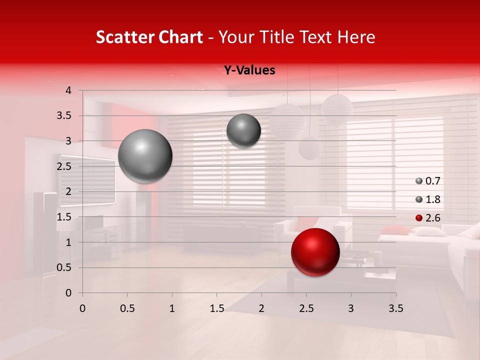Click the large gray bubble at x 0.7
145,156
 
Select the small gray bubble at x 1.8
243,130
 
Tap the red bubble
315,252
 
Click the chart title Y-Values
249,70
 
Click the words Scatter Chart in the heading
149,37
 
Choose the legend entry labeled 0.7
428,181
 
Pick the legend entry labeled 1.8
428,199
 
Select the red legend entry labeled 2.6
428,218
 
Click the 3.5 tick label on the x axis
395,308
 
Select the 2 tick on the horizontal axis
261,308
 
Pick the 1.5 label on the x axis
216,308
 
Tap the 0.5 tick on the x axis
127,308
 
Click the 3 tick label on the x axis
351,308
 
